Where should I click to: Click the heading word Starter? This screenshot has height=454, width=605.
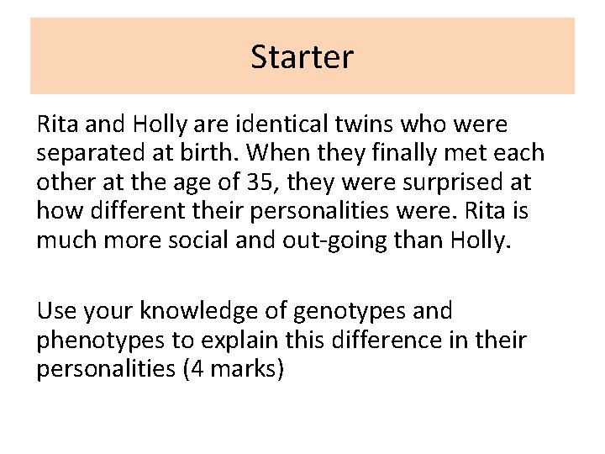pos(302,56)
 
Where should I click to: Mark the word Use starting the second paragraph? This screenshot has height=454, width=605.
pos(55,311)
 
